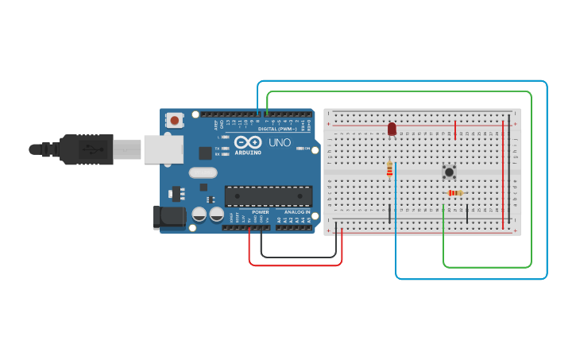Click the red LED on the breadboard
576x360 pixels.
click(392, 128)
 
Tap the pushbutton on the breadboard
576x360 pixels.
click(449, 171)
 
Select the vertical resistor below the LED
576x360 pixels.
click(389, 168)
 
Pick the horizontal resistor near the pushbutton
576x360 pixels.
click(455, 192)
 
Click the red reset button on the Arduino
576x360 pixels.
click(174, 121)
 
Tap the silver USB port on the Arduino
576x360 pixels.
click(162, 149)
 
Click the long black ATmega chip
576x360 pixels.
click(267, 196)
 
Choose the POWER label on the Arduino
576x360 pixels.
click(261, 212)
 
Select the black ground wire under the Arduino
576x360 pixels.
click(298, 257)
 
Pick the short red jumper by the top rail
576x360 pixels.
click(455, 129)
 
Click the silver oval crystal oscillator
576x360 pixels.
click(203, 172)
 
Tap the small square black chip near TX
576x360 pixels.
click(205, 153)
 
